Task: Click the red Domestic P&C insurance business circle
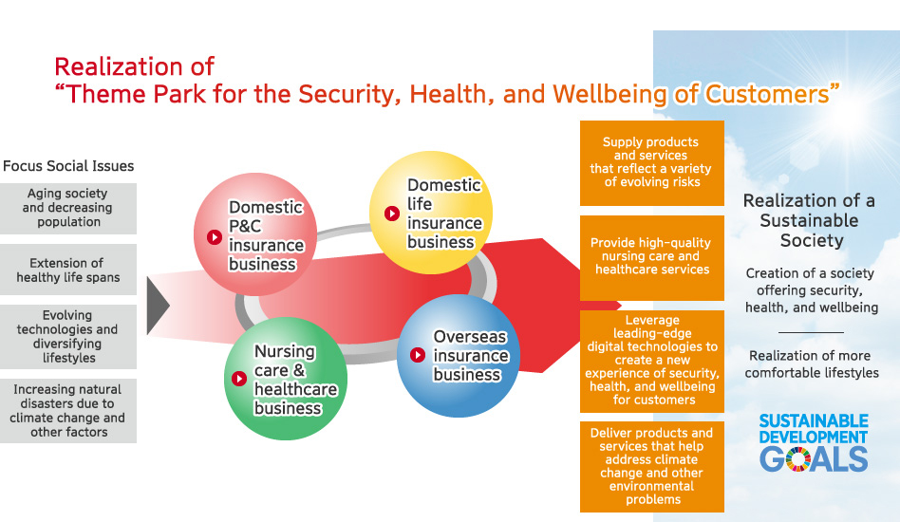point(255,234)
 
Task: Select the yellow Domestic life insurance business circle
point(431,213)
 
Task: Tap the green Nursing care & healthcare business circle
point(286,379)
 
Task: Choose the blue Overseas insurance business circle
point(459,356)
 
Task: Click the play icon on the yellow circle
point(392,214)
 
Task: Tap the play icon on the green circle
point(239,379)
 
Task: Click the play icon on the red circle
point(215,237)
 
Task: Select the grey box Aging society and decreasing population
point(68,208)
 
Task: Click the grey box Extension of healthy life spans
point(68,270)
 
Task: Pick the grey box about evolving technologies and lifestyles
point(68,337)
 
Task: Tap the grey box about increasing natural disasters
point(68,411)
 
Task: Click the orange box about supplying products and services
point(652,163)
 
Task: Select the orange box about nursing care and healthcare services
point(652,257)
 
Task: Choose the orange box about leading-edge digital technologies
point(652,362)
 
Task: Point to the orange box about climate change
point(652,467)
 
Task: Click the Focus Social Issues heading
point(68,166)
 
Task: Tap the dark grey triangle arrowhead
point(159,306)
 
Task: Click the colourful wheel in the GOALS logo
point(798,459)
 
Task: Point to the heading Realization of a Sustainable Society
point(809,221)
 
